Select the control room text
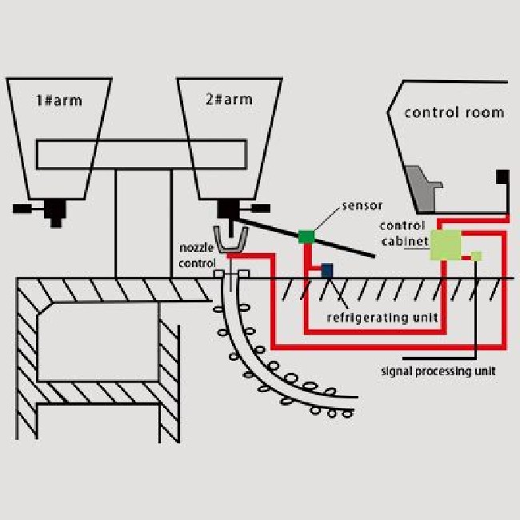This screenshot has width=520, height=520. tap(454, 112)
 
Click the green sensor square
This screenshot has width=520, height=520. tap(305, 235)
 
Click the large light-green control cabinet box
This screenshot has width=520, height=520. tap(447, 244)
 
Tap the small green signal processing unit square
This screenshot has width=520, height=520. tap(476, 256)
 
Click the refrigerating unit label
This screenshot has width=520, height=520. tap(382, 318)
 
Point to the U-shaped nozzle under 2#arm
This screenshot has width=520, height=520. tap(232, 241)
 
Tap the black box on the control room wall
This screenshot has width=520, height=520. tap(502, 176)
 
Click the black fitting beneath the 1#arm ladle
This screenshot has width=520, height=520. tap(54, 210)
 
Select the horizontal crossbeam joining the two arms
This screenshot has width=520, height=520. tap(140, 154)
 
